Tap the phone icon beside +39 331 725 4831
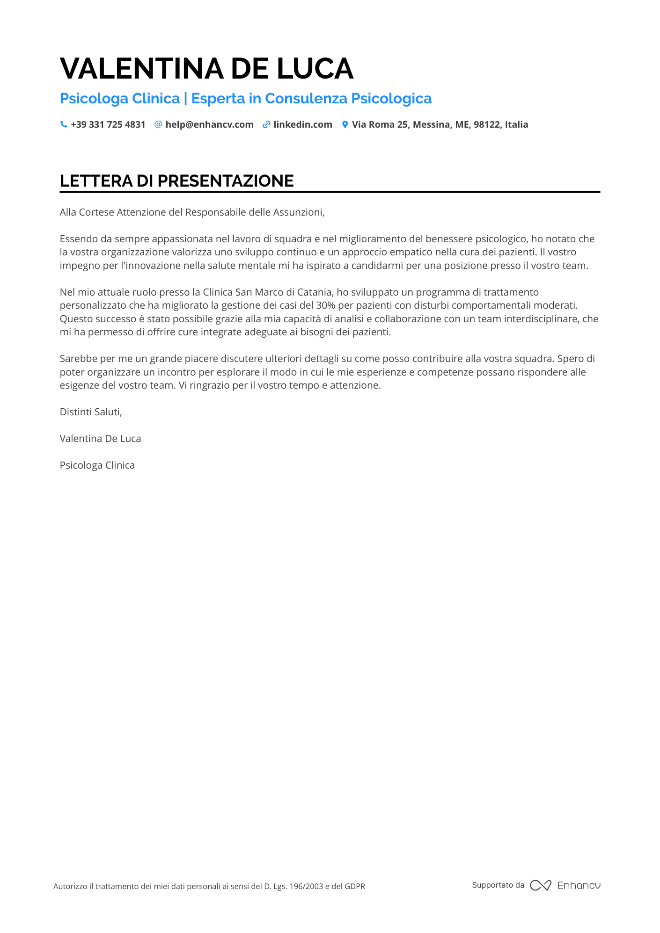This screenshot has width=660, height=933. coord(64,124)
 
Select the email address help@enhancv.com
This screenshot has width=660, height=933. coord(209,124)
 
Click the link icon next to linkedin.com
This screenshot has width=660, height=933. coord(266,124)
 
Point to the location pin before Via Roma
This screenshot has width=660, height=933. coord(345,124)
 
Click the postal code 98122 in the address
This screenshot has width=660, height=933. coord(487,124)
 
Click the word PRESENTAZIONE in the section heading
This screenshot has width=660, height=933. coord(226,181)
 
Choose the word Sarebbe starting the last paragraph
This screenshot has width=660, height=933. coord(78,359)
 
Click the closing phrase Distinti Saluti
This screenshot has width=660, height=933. coord(91,412)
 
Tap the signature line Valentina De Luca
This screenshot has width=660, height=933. coord(100,439)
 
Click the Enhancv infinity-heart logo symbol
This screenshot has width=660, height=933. coord(541,885)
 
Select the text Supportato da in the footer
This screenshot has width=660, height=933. coord(498,885)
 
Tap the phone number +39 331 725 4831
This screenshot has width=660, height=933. coord(108,124)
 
